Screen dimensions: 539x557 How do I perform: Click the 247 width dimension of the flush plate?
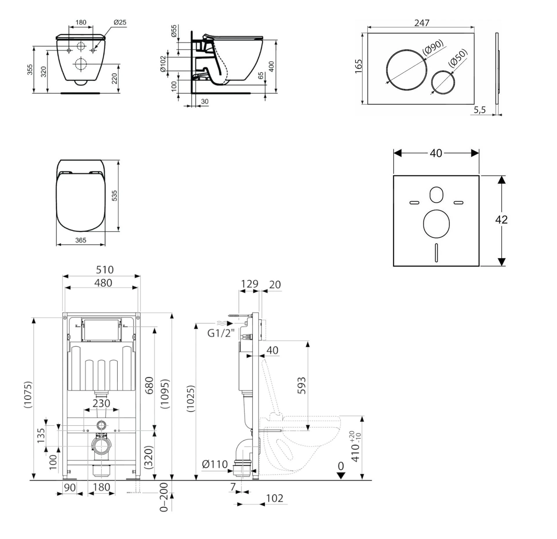click(x=421, y=23)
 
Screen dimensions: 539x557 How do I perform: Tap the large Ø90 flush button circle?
click(x=406, y=70)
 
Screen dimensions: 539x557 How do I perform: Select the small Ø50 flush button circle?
click(x=443, y=82)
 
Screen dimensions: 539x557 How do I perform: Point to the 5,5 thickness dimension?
click(x=480, y=110)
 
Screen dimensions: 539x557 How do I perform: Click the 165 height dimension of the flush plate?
click(x=359, y=66)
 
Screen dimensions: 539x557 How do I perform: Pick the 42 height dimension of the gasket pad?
click(x=501, y=220)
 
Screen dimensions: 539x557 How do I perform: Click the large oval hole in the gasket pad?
click(x=436, y=224)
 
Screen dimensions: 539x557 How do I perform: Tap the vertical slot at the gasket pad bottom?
click(x=436, y=253)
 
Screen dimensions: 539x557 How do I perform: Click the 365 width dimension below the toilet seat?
click(x=81, y=240)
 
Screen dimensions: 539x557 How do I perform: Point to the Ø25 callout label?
click(x=120, y=22)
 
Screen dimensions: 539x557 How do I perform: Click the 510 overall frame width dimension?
click(x=104, y=270)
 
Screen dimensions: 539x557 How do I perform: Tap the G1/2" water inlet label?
click(x=221, y=333)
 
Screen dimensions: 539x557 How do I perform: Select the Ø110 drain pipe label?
click(x=215, y=464)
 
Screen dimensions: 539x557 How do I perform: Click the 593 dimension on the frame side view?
click(x=302, y=385)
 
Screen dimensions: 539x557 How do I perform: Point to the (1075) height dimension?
click(x=28, y=395)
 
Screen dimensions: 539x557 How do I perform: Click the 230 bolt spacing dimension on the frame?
click(x=101, y=403)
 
